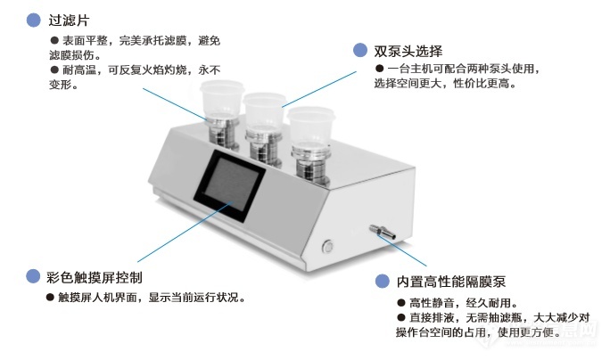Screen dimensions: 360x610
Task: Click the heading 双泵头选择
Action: point(408,50)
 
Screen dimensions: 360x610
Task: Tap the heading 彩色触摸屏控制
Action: point(94,276)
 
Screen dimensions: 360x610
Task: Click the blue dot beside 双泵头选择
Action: point(359,50)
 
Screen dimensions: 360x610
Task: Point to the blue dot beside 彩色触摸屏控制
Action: point(33,276)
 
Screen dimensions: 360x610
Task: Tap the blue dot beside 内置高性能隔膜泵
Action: point(383,282)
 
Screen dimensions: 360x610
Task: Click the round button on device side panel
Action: point(328,244)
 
